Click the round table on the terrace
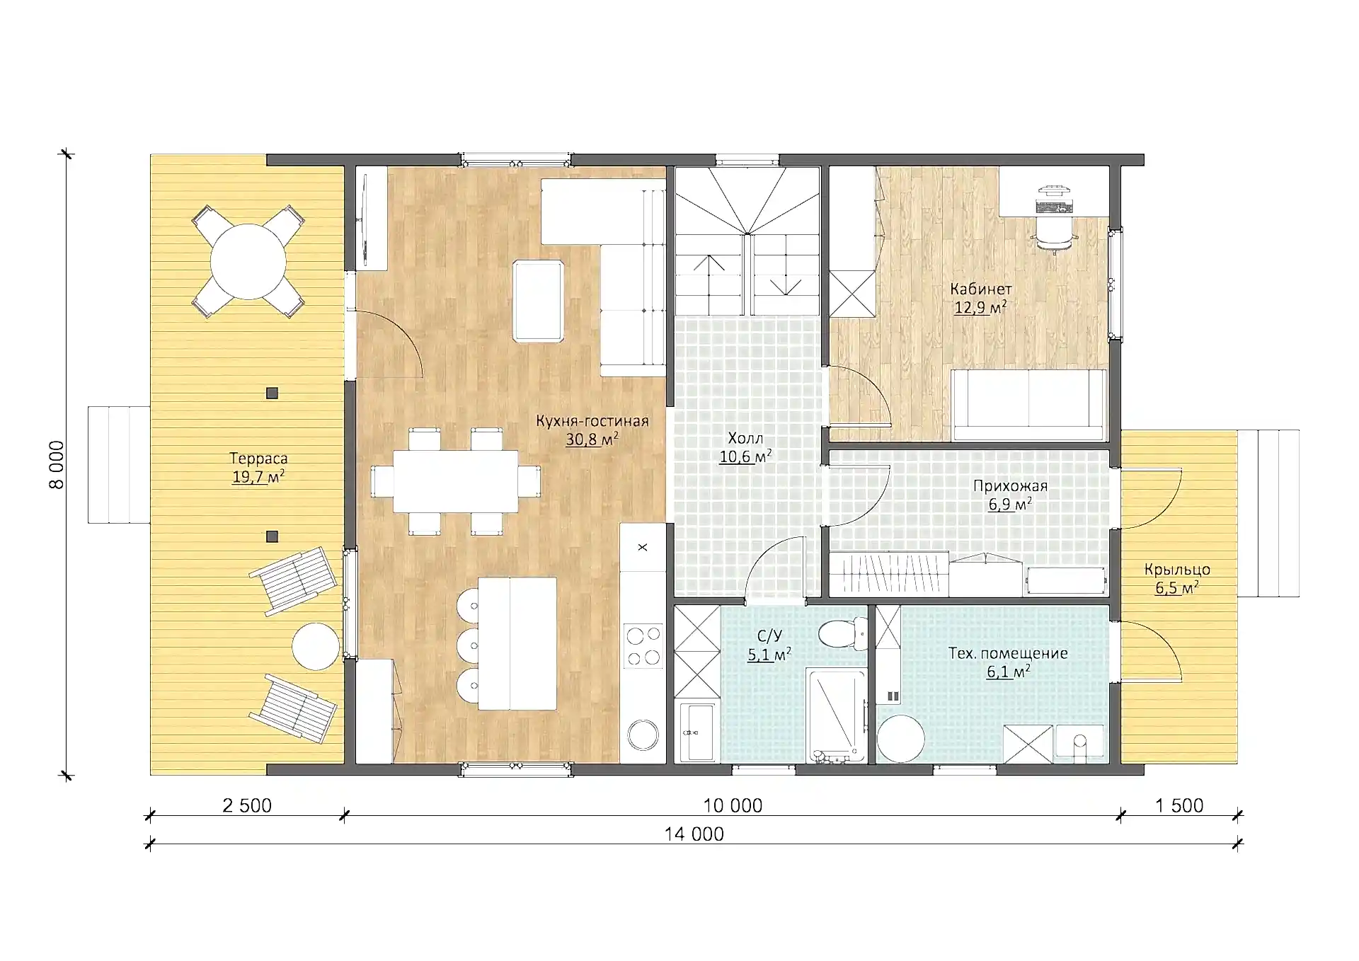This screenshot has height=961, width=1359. click(248, 261)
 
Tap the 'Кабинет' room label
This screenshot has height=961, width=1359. click(980, 289)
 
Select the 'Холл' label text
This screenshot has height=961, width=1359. click(745, 439)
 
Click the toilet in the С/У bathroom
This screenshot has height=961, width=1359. click(844, 633)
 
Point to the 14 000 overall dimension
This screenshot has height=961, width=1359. click(694, 834)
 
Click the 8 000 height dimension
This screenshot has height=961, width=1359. click(57, 464)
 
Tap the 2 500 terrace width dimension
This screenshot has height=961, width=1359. click(247, 805)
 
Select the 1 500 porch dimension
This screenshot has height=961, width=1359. click(1179, 805)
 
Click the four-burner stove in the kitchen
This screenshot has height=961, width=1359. click(643, 645)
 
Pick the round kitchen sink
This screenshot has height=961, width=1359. click(643, 734)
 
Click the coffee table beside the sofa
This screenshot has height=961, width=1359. click(539, 301)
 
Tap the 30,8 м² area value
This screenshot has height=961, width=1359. click(592, 439)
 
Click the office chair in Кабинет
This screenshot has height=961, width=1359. click(1054, 234)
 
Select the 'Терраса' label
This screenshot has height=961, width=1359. click(258, 459)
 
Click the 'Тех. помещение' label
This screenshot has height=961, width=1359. click(1008, 653)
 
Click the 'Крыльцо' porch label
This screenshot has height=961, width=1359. click(1177, 570)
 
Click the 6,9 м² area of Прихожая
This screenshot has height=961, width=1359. click(1010, 505)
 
